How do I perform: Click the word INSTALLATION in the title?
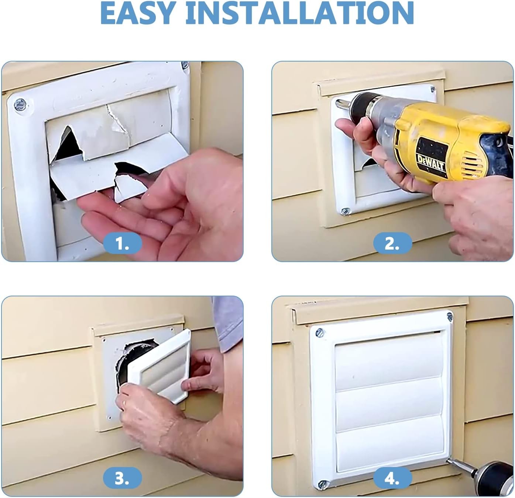[299, 13]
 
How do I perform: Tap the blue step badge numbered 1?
[122, 244]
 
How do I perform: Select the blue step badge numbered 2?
[392, 244]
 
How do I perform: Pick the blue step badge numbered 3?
[122, 478]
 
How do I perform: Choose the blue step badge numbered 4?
[392, 478]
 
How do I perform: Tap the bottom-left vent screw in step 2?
[346, 211]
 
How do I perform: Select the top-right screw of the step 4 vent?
[449, 316]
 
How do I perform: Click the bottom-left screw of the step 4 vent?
[323, 483]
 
